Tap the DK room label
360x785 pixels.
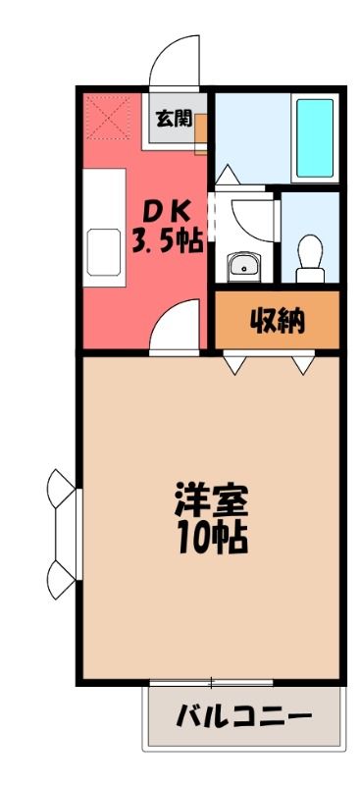pos(167,214)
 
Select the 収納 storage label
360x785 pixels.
pos(277,322)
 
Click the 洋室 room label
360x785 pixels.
pos(211,500)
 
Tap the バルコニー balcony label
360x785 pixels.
pos(243,717)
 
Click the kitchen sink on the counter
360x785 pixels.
pos(104,252)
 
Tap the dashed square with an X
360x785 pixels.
pos(109,118)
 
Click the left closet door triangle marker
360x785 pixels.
pos(234,365)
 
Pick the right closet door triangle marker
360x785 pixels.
pos(303,365)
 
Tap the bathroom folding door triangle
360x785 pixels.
pos(227,176)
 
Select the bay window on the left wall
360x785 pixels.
pos(65,534)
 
